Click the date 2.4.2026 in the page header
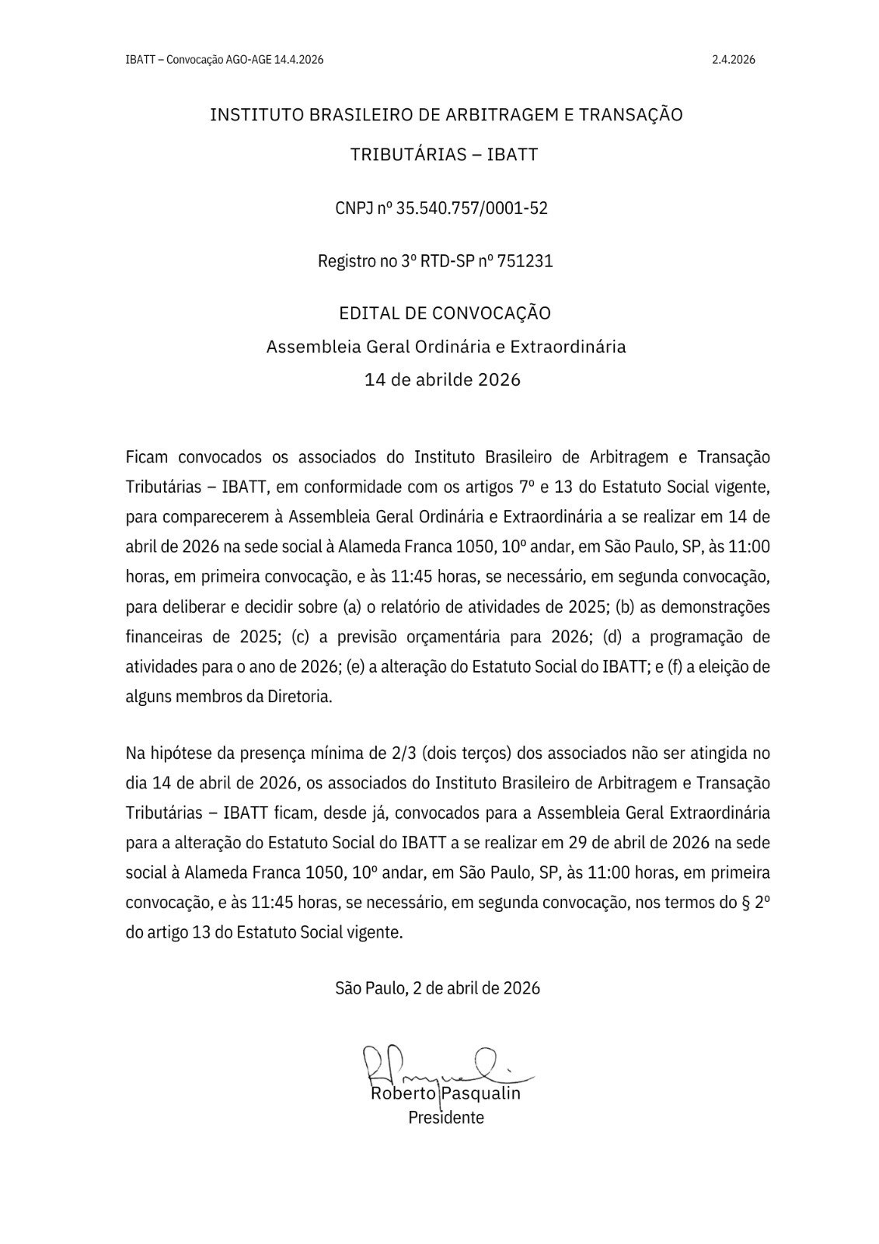click(733, 59)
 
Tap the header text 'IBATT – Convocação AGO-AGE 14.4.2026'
click(224, 59)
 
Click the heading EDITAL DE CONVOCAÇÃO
click(445, 313)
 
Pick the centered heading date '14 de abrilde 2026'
click(442, 380)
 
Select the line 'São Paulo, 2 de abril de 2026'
click(438, 988)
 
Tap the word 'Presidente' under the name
click(446, 1117)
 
